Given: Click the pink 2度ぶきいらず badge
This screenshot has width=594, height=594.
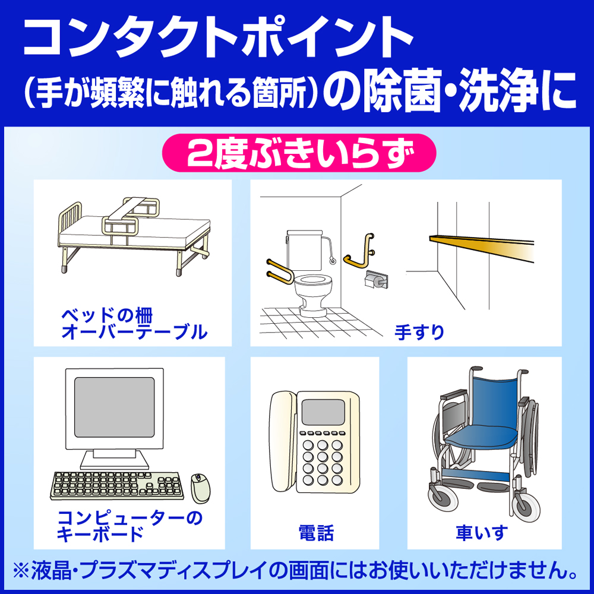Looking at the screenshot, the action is pyautogui.click(x=299, y=153).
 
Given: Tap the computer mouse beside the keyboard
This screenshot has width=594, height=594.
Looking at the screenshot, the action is pyautogui.click(x=200, y=488).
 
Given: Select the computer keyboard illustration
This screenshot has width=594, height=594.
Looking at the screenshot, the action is pyautogui.click(x=116, y=486).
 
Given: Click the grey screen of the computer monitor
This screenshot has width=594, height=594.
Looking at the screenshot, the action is pyautogui.click(x=114, y=407).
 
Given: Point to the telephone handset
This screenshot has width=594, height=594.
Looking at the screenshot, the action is pyautogui.click(x=283, y=441).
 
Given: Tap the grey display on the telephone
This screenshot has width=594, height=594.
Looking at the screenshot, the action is pyautogui.click(x=323, y=412).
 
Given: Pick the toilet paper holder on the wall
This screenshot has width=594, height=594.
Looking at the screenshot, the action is pyautogui.click(x=376, y=280).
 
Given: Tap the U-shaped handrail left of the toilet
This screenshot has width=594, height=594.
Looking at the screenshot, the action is pyautogui.click(x=279, y=271).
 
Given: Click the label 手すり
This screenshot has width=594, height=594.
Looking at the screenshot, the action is pyautogui.click(x=419, y=332).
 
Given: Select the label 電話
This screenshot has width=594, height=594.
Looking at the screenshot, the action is pyautogui.click(x=316, y=533).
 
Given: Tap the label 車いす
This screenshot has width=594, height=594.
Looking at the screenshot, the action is pyautogui.click(x=482, y=533).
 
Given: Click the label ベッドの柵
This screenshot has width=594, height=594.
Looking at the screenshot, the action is pyautogui.click(x=107, y=315).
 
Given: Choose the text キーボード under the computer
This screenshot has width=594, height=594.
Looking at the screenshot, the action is pyautogui.click(x=100, y=534).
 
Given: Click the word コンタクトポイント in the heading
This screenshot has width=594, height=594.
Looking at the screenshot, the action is pyautogui.click(x=218, y=37).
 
